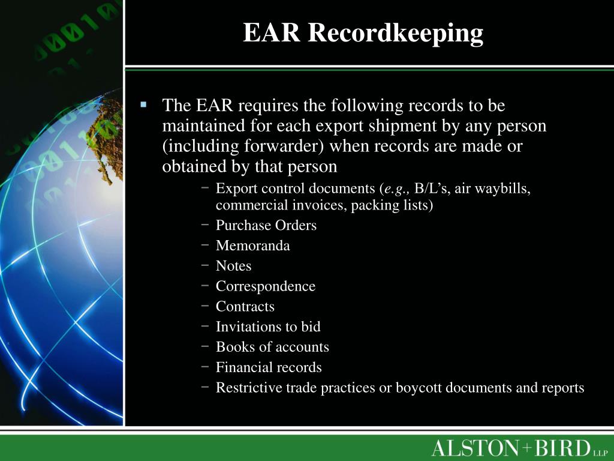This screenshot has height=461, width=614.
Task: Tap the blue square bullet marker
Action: [x=143, y=104]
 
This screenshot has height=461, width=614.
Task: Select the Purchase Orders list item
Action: [x=266, y=225]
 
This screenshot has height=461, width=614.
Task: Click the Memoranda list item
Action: [x=252, y=246]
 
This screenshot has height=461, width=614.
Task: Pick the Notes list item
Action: [x=233, y=266]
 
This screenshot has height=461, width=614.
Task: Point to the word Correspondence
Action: [x=265, y=286]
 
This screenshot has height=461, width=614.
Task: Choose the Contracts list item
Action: [x=245, y=306]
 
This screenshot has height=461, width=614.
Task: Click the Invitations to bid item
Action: [x=268, y=327]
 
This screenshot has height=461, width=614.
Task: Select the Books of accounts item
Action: [x=272, y=347]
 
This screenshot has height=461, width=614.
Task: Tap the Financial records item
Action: [x=269, y=367]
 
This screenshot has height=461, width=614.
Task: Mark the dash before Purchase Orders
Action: [x=206, y=225]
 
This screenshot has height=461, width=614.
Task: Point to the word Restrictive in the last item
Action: [x=249, y=388]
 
